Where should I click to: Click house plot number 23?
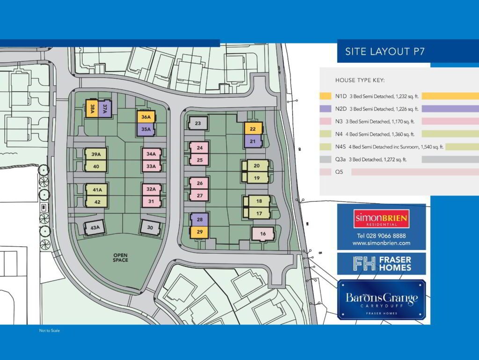pos(198,124)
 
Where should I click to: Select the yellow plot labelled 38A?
pos(92,109)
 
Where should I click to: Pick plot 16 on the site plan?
pos(262,234)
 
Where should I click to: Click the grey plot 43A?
pos(95,228)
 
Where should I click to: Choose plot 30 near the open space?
pos(150,228)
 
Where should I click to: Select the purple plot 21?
pos(253,141)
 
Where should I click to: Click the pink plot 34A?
pos(151,154)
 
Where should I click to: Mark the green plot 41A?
pos(97,190)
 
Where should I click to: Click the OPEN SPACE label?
pos(120,257)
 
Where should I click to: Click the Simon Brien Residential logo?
pos(382,219)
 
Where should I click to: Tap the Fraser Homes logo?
pos(382,264)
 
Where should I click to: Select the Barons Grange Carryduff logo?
pos(382,300)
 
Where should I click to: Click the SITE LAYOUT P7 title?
pos(385,51)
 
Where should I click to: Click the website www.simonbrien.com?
pos(381,243)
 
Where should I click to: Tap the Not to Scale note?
pos(50,331)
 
